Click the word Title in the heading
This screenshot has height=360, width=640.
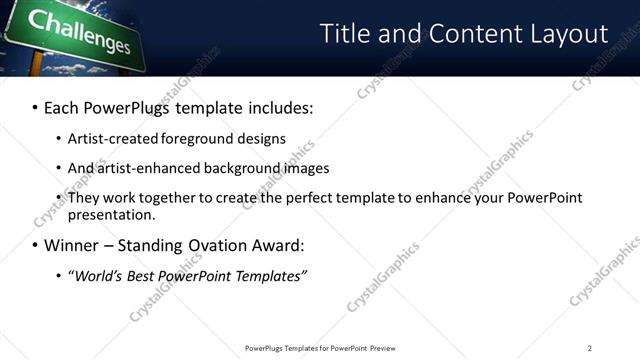coord(345,33)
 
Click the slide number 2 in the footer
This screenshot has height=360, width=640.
coord(590,347)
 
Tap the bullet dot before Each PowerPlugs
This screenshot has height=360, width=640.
coord(34,107)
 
